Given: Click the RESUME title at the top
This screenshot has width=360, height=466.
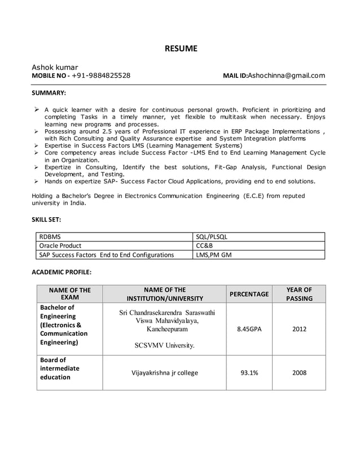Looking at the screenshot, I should point(181,49).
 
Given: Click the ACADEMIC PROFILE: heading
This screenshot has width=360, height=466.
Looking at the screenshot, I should point(61,272).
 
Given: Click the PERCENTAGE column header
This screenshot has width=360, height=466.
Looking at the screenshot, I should point(249,294).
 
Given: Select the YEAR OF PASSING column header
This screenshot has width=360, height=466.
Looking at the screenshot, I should point(298,294).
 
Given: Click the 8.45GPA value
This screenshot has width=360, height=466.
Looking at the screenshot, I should point(249,329).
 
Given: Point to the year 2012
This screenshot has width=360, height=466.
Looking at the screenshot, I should point(299,329).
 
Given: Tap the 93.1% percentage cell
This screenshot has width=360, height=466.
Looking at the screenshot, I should point(249,372).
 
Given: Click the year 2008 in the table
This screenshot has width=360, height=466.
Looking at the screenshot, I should point(299,372).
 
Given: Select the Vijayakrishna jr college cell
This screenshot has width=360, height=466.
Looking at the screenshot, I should point(165,372).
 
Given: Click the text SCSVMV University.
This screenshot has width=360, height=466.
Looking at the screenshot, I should point(165,346).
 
